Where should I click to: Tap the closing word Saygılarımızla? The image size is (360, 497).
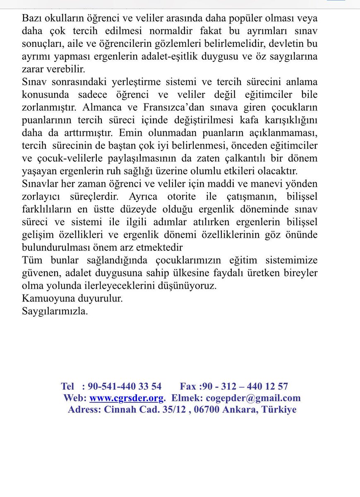click(55, 311)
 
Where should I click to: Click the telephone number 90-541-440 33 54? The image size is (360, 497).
click(125, 386)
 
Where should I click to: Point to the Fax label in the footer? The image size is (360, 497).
click(188, 386)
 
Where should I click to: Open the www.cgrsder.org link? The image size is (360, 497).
click(127, 398)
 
